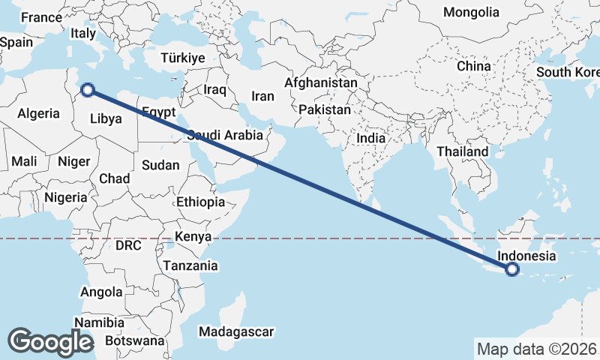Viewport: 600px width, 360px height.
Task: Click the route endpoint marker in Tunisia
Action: tap(88, 90)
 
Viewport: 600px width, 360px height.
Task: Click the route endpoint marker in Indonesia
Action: tap(512, 269)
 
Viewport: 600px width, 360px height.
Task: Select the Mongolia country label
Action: tap(471, 12)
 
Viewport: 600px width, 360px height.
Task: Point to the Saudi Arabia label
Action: tap(225, 136)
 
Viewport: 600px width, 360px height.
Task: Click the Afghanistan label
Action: tap(321, 82)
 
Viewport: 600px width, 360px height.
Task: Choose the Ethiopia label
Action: tap(200, 202)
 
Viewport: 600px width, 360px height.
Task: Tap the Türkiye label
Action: tap(183, 58)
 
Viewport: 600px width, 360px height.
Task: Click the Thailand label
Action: tap(462, 151)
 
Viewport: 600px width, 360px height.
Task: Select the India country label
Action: tap(370, 138)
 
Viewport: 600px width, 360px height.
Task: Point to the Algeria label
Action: tap(38, 113)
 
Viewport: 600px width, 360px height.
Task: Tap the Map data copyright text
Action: tap(537, 349)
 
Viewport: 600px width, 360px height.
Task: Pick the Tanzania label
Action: tap(190, 265)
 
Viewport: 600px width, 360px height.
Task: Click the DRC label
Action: tap(128, 245)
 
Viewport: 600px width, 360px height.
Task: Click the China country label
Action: tap(473, 66)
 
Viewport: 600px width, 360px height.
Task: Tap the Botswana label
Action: tap(134, 340)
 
